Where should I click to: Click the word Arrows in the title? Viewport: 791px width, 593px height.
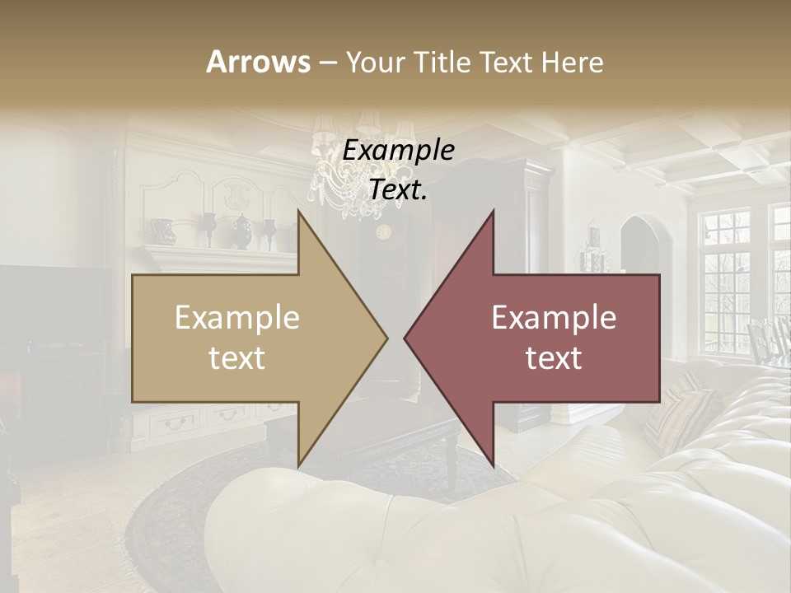click(x=258, y=62)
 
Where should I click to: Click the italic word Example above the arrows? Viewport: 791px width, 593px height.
click(x=399, y=151)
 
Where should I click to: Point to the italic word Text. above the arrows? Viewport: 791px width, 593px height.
click(x=399, y=189)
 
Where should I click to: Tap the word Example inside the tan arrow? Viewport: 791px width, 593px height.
click(x=237, y=318)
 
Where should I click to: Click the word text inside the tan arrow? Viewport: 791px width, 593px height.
click(x=237, y=358)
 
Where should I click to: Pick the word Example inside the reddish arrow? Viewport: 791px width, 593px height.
click(x=554, y=318)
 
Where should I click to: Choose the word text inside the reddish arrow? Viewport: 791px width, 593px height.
click(x=554, y=358)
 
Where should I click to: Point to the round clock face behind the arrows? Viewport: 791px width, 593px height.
click(x=383, y=231)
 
